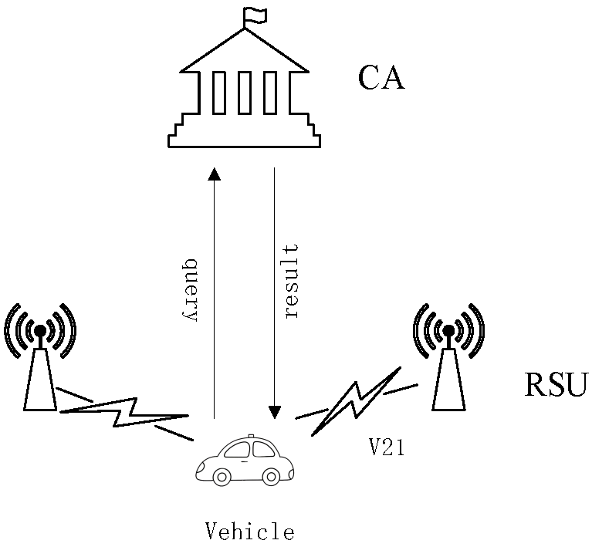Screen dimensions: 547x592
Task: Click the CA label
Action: coord(381,78)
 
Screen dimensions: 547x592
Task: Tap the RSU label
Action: coord(556,383)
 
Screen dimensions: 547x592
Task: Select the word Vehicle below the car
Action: coord(249,531)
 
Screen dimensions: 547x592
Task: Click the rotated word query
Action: coord(192,289)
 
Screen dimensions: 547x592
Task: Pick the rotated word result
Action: coord(291,282)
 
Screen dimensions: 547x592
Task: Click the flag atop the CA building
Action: coord(253,15)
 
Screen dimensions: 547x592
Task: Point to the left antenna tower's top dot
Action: coord(39,330)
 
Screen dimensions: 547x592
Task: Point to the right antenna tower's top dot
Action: coord(448,331)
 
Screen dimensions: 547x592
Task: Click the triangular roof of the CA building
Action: coord(244,50)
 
